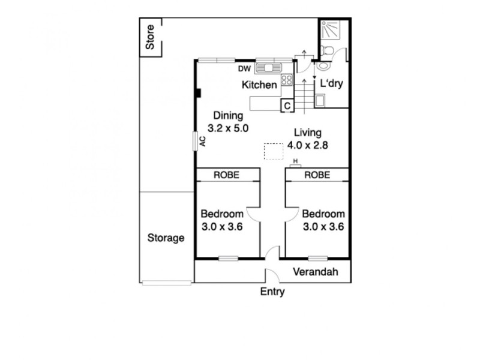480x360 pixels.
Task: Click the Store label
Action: click(x=151, y=37)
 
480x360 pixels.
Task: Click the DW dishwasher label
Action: click(x=244, y=68)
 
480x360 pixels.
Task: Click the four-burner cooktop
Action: click(x=287, y=79)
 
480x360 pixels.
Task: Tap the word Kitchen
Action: click(x=259, y=85)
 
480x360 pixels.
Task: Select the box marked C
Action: click(x=288, y=106)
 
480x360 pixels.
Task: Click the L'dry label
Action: click(x=331, y=84)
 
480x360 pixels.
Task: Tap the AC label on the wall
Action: click(x=202, y=141)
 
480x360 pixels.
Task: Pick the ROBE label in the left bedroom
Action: click(x=226, y=175)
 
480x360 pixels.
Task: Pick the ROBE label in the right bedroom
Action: click(x=317, y=175)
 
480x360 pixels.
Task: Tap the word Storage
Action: click(x=166, y=238)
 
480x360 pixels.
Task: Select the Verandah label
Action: click(x=315, y=272)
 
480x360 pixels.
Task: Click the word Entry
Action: click(x=272, y=292)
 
